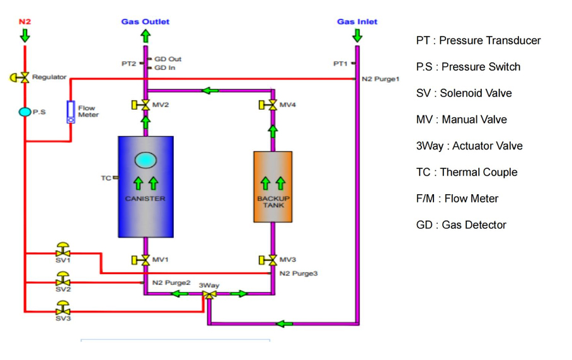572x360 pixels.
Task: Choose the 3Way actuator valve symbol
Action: pos(209,294)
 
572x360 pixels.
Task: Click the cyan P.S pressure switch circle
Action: pos(25,112)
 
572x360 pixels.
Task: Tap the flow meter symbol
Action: pos(71,112)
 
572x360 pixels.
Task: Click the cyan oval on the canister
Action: pos(146,160)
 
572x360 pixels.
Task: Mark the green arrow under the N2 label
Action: pos(25,35)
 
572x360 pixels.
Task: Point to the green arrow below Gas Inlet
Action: pos(357,35)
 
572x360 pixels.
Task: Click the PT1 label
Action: pos(340,64)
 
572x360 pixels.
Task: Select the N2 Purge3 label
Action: pos(299,274)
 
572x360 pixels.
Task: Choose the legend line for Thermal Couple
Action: pos(467,172)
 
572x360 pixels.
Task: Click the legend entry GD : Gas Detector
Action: pos(461,225)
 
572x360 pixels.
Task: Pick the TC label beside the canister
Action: pos(106,178)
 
